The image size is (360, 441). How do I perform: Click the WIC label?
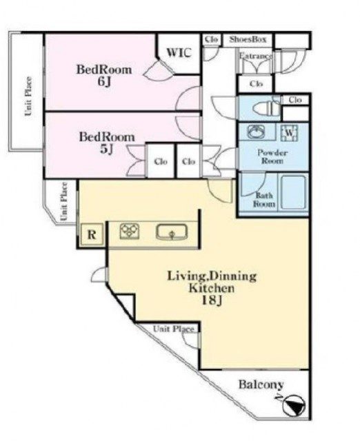(179, 52)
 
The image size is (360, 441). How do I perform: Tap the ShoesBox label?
(248, 39)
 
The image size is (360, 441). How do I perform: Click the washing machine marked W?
(290, 132)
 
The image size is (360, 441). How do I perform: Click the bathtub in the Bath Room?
(293, 193)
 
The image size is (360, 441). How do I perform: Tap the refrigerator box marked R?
(92, 234)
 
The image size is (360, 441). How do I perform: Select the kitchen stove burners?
(130, 232)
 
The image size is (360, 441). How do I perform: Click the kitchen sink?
(172, 232)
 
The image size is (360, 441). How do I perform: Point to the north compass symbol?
(294, 406)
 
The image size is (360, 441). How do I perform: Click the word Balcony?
(261, 384)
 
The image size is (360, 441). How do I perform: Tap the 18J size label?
(212, 300)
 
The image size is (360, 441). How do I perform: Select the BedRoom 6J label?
(104, 75)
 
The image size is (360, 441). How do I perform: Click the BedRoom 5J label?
(107, 143)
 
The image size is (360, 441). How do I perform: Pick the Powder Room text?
(272, 156)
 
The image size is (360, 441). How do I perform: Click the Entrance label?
(256, 56)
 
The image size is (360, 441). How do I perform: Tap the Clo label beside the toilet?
(295, 100)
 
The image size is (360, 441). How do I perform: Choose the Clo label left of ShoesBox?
(212, 39)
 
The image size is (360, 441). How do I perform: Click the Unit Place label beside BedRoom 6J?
(28, 96)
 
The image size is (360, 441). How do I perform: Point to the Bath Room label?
(263, 199)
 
